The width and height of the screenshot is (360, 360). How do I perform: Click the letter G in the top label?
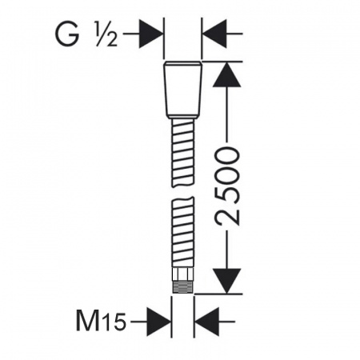67,34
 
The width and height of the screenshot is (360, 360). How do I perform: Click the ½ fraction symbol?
106,34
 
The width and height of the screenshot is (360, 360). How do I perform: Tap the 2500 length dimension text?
227,187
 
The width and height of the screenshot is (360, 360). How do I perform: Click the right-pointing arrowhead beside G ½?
151,34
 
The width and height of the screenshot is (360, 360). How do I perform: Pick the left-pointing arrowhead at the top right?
214,34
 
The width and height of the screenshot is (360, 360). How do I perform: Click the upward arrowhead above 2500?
226,74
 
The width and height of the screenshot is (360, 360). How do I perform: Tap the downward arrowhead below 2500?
226,281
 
